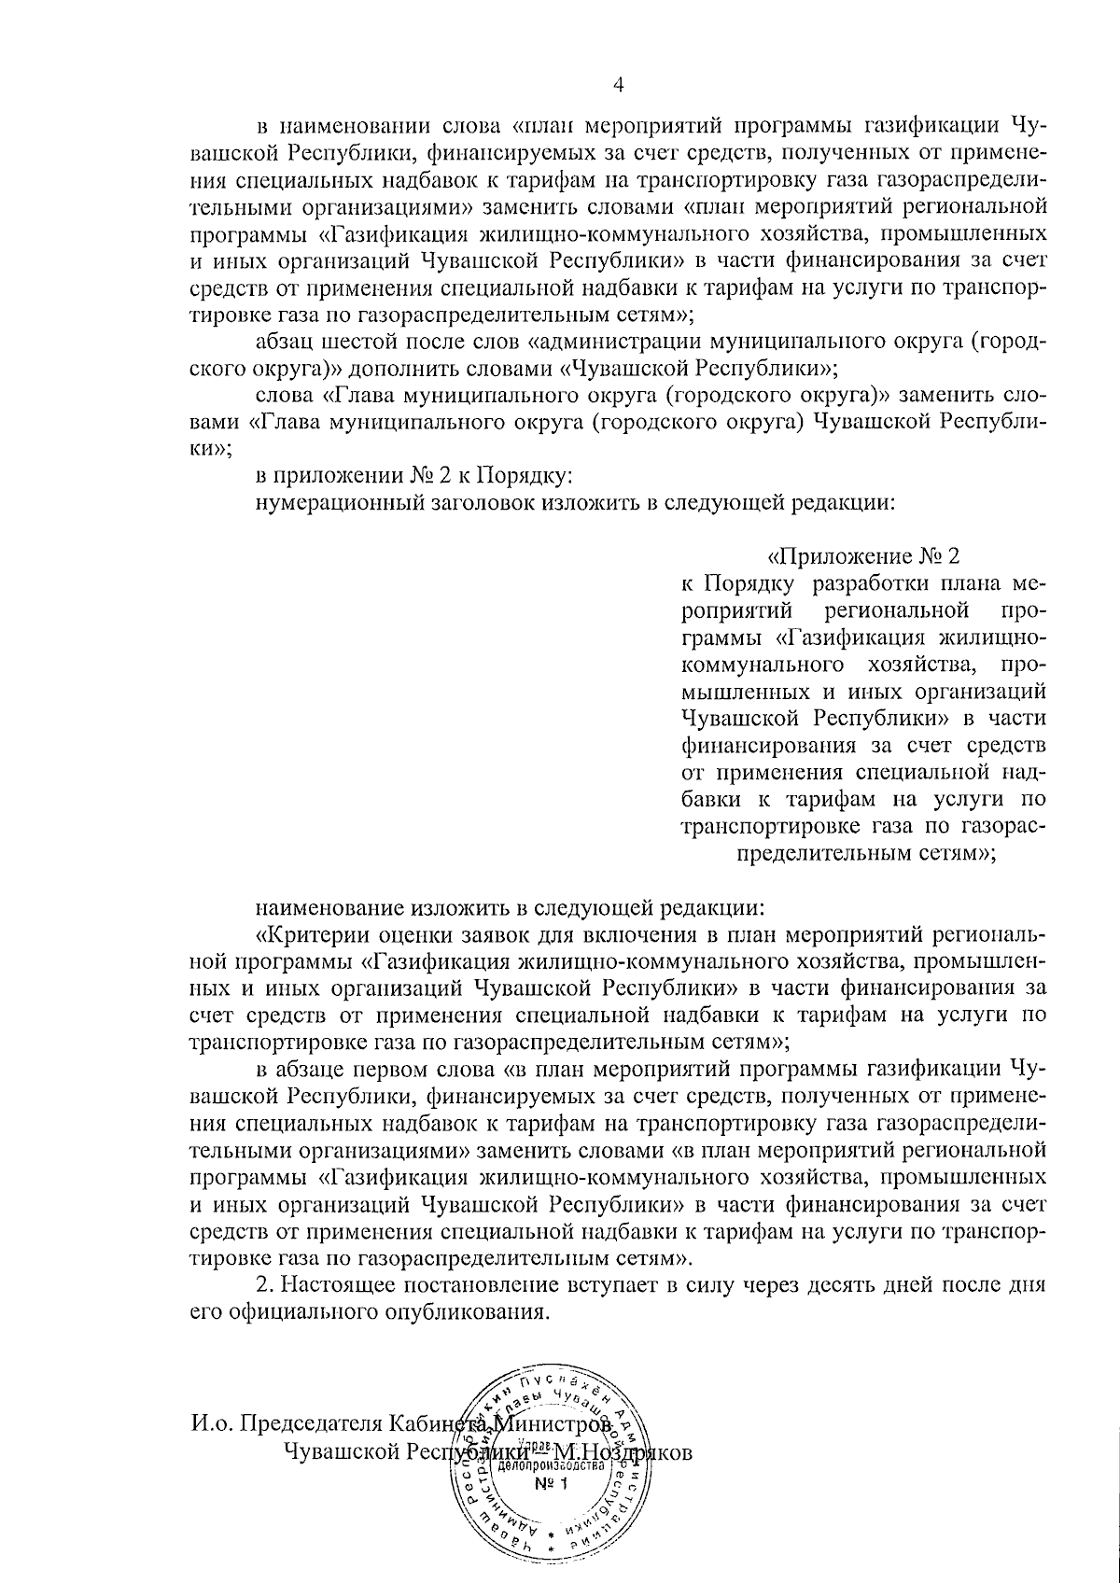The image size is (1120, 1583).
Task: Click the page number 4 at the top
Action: point(617,85)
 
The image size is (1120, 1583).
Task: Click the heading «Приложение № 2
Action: point(862,557)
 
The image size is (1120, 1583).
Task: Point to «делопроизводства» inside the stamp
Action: point(551,1465)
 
